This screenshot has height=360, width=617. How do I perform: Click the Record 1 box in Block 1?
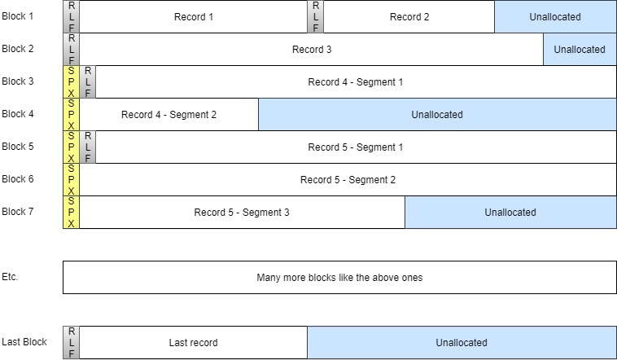193,17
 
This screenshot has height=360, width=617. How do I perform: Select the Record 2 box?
409,17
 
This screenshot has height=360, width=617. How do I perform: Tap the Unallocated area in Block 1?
555,17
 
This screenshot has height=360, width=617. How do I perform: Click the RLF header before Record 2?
316,17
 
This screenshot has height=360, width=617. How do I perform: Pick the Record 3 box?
311,50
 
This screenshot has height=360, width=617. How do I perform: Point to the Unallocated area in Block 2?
580,50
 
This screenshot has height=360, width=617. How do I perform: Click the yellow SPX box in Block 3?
71,82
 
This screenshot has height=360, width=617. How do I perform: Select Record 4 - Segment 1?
355,82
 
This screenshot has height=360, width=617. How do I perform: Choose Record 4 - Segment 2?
168,115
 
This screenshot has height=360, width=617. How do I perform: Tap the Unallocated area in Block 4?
437,115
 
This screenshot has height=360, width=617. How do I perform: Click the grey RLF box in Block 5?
88,147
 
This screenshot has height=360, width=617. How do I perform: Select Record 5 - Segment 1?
355,147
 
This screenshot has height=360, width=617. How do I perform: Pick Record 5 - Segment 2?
348,180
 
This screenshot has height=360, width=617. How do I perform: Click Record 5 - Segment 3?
242,213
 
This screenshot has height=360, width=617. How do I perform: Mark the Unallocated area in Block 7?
510,213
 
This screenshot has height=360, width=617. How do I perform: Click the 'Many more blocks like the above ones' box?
339,278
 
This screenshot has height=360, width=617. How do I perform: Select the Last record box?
193,343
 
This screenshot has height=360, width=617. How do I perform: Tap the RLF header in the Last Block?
71,343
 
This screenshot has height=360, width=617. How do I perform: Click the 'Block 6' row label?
18,179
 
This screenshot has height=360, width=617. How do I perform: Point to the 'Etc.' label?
10,277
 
